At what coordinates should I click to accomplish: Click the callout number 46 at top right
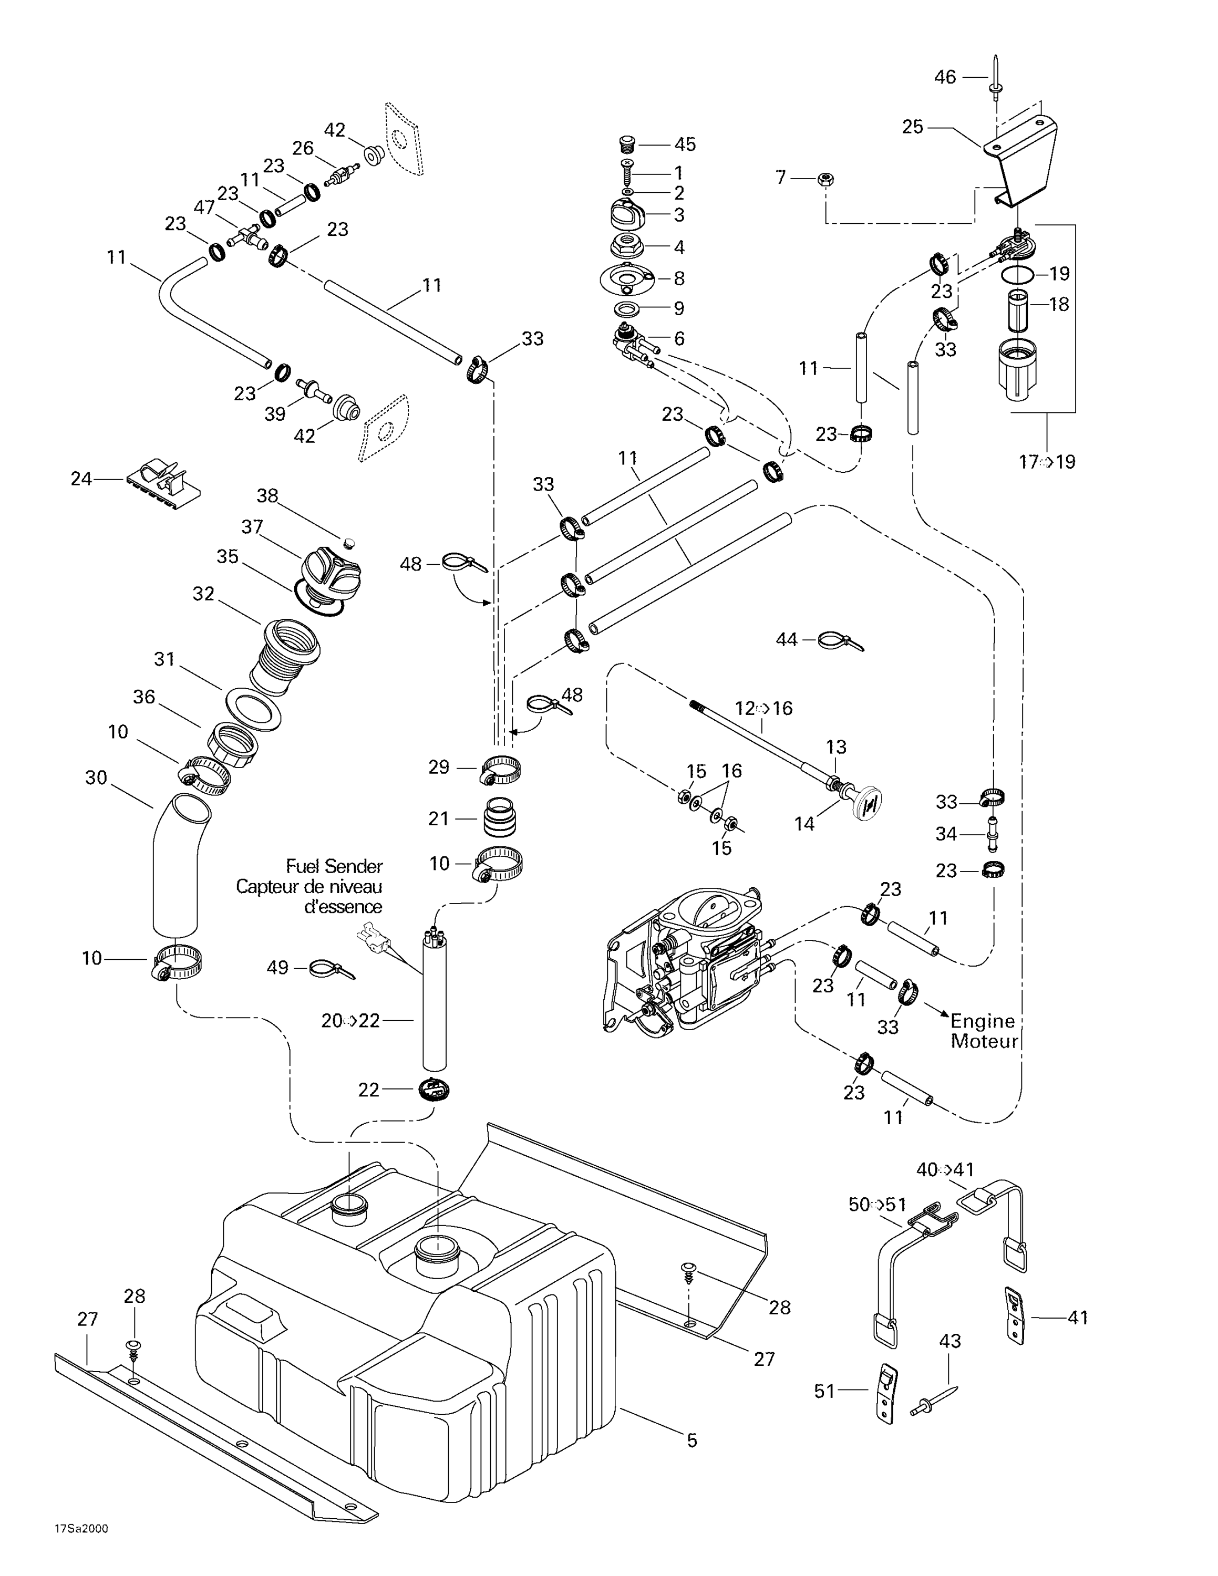click(945, 77)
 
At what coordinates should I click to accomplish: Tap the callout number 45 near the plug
click(685, 144)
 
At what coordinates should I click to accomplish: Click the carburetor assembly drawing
click(686, 959)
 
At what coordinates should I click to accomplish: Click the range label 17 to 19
click(1046, 462)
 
